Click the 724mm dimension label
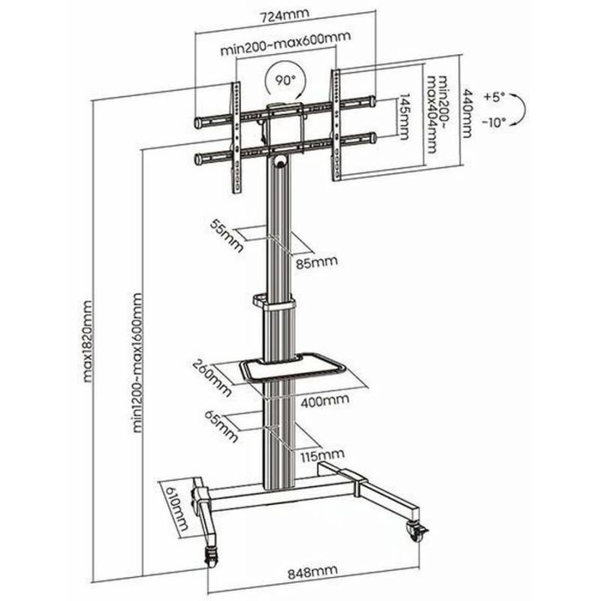pos(285,17)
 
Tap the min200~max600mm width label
pos(285,43)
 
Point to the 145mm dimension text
pos(403,116)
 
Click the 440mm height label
pos(467,113)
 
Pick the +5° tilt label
pos(494,96)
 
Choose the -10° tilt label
pos(494,122)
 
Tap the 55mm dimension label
pos(227,236)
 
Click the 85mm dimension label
pos(317,263)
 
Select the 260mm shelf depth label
pos(213,378)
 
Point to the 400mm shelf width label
pos(325,401)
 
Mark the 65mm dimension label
pos(222,426)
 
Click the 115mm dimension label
pos(322,455)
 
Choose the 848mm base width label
pos(313,572)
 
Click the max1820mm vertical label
pos(88,341)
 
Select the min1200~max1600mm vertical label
pos(137,363)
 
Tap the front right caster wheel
pos(417,531)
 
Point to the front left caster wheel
pos(211,557)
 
